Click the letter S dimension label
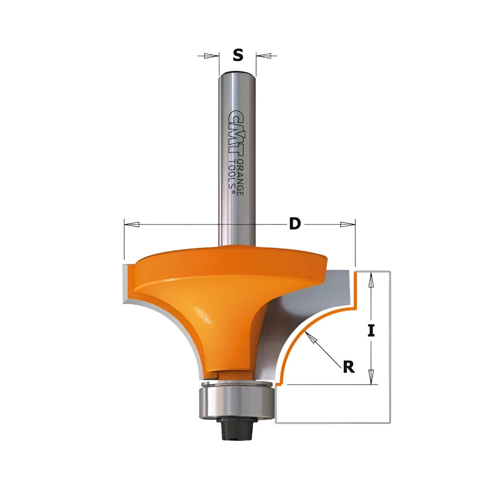238,55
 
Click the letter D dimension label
295,224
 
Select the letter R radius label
349,367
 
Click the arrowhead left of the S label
208,56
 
